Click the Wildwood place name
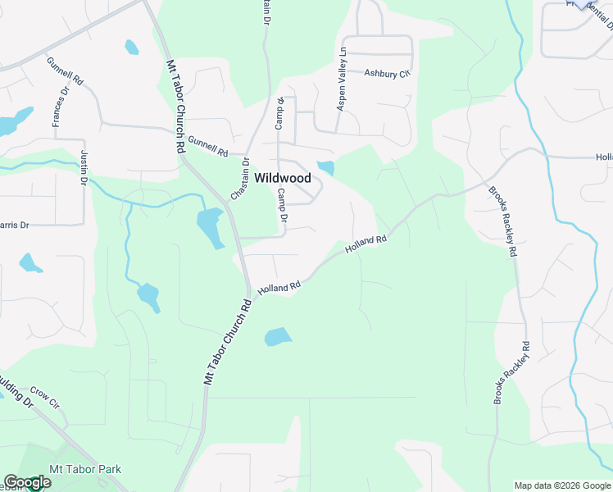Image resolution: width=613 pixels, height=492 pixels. click(282, 178)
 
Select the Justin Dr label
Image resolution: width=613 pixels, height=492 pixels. click(83, 168)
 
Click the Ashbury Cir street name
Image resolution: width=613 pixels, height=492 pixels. click(387, 74)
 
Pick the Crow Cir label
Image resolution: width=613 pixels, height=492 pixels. click(45, 397)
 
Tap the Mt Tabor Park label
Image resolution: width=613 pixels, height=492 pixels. click(85, 469)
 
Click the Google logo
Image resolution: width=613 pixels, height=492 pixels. click(26, 482)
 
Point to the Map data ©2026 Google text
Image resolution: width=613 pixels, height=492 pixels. click(562, 485)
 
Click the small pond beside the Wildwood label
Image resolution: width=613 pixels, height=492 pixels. click(326, 168)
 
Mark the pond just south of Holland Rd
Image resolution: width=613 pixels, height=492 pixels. click(278, 336)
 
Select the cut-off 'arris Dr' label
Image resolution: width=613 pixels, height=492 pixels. click(14, 224)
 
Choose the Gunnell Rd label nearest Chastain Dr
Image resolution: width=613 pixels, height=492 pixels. click(207, 146)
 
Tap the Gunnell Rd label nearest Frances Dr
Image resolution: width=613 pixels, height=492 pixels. click(66, 72)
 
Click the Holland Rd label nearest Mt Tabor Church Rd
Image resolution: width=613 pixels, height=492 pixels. click(279, 288)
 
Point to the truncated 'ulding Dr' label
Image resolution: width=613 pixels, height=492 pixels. click(16, 402)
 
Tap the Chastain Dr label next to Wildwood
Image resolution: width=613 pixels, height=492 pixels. click(239, 180)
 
